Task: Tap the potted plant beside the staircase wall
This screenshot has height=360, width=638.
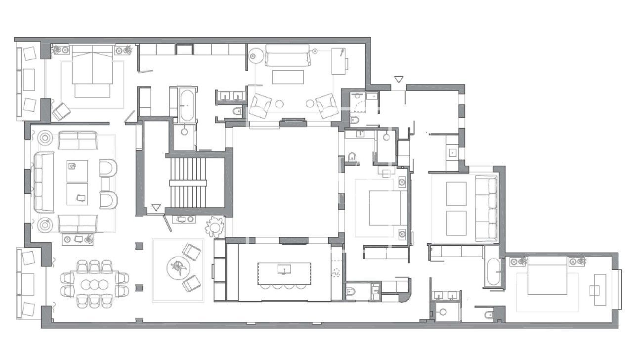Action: (x=215, y=227)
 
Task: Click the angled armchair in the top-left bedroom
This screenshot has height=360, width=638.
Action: (x=61, y=112)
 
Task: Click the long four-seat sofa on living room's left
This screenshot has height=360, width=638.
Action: (x=42, y=182)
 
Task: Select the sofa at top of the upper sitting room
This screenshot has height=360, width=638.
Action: (x=288, y=56)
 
